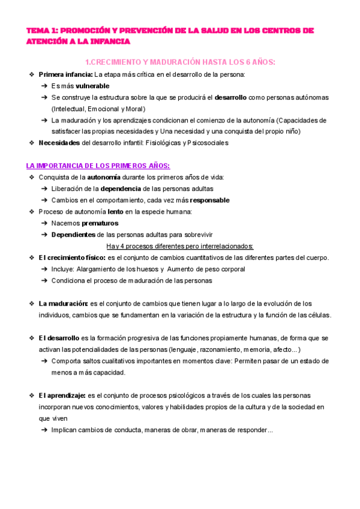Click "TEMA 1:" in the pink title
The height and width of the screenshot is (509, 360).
click(42, 30)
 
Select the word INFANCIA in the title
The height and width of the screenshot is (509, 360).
click(108, 41)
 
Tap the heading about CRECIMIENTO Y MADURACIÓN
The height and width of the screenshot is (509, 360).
click(179, 62)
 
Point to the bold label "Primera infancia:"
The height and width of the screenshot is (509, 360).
click(65, 74)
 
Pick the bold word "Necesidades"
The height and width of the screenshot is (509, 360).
click(59, 143)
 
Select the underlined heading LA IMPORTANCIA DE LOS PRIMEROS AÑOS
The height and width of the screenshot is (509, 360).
click(98, 166)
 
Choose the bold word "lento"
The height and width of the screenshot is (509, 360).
click(115, 212)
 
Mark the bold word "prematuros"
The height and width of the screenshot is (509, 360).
click(100, 223)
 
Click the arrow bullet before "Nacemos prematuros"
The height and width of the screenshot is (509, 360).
click(44, 223)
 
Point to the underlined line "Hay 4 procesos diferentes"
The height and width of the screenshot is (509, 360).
click(180, 246)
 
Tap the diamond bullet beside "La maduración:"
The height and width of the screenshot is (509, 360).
click(31, 304)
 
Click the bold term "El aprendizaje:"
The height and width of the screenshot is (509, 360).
click(62, 396)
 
